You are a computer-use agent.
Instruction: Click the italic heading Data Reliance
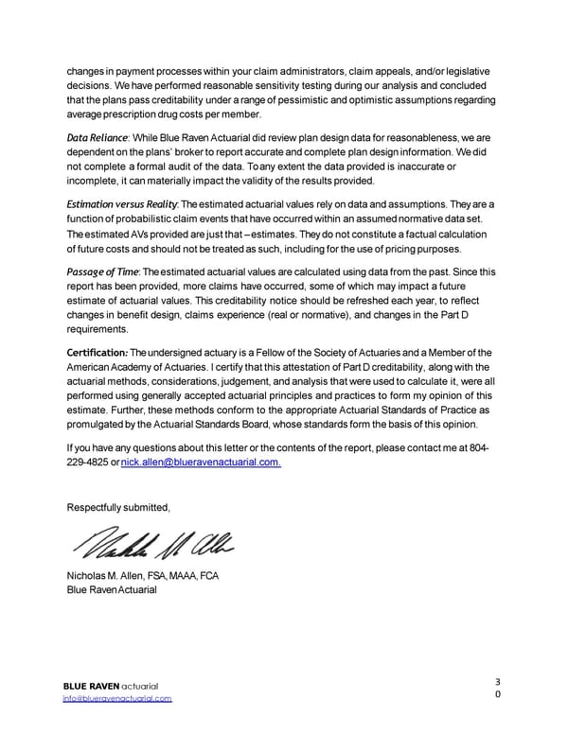click(97, 138)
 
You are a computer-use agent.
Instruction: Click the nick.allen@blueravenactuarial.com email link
click(202, 461)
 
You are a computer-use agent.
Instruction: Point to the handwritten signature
click(150, 542)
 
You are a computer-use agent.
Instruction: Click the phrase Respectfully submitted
click(118, 508)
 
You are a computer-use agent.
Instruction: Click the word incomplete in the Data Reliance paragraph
click(96, 179)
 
